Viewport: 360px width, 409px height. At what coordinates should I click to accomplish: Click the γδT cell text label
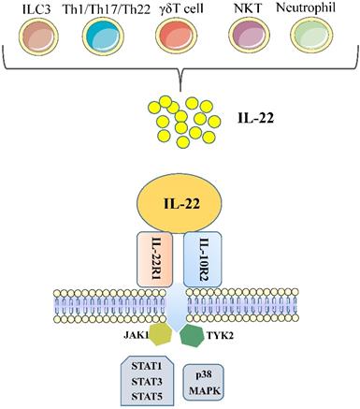coord(176,13)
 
